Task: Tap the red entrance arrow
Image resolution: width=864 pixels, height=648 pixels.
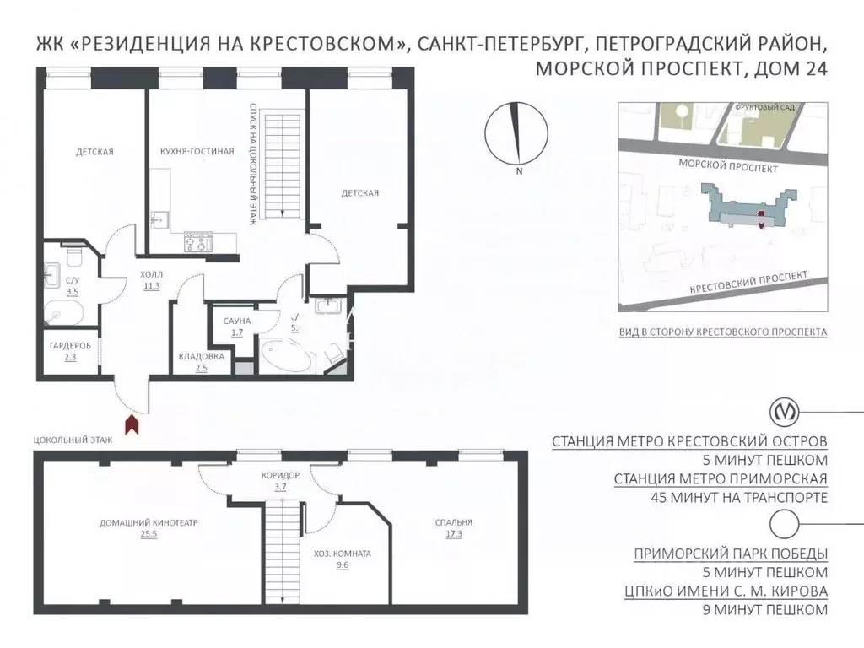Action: (x=132, y=424)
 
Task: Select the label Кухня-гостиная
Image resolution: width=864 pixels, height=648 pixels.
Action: (x=196, y=152)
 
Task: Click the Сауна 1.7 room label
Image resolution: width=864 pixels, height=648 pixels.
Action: (x=234, y=326)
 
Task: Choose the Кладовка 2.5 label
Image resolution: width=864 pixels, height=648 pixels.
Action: (x=201, y=361)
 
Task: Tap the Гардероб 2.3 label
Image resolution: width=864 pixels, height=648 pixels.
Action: (x=65, y=351)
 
